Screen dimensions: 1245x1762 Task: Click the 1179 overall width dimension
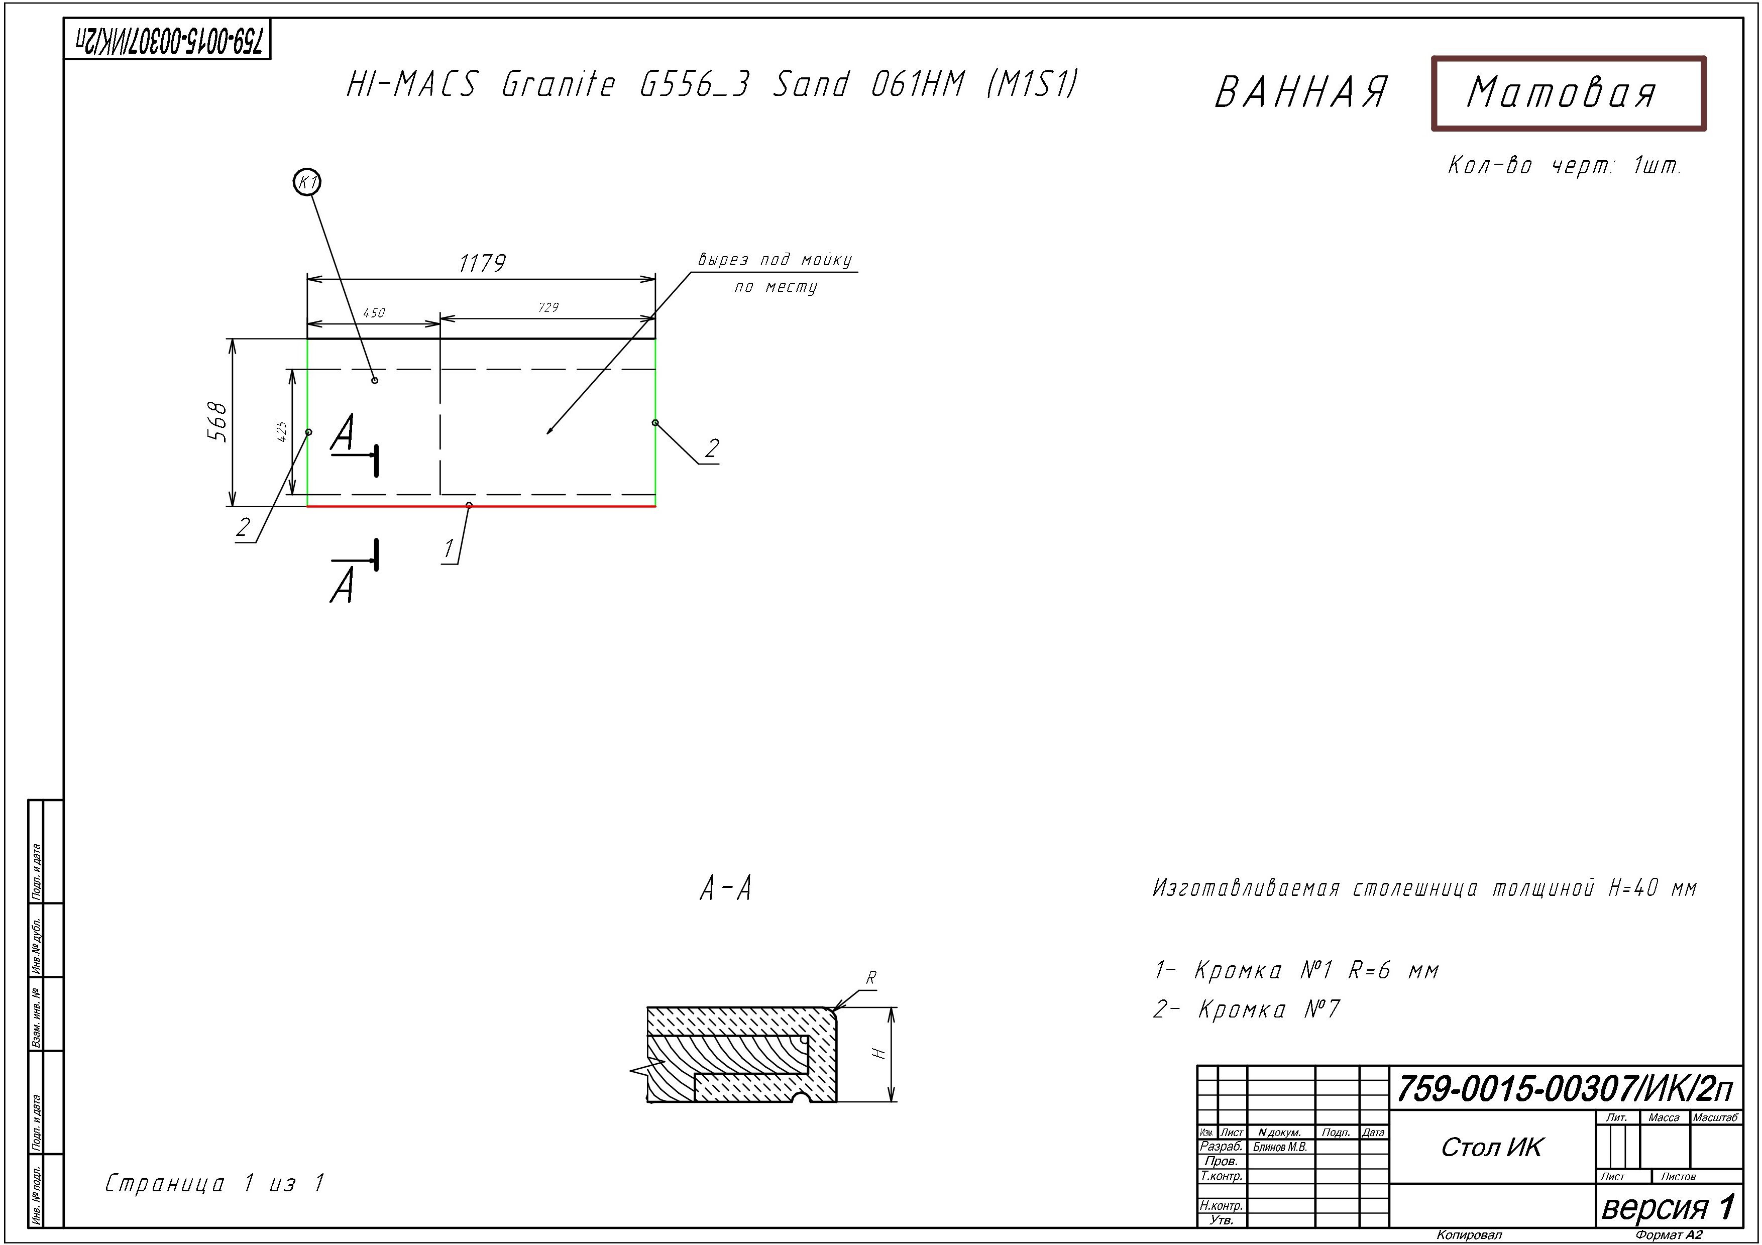click(x=482, y=264)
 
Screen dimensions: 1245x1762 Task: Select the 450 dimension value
click(x=374, y=313)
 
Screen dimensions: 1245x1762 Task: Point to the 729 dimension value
click(x=548, y=307)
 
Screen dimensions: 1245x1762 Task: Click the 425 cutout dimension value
click(x=282, y=431)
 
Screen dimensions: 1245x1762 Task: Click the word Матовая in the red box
click(x=1561, y=93)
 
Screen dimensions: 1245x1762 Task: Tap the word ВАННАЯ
click(x=1301, y=93)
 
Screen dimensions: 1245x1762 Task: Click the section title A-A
click(x=726, y=889)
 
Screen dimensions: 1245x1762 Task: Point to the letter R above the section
click(x=871, y=978)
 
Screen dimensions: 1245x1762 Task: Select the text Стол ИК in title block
click(x=1491, y=1148)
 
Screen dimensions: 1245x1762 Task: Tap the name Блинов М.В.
click(x=1280, y=1148)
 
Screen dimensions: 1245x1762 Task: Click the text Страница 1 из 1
click(x=215, y=1184)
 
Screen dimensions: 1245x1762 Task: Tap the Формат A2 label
click(x=1669, y=1235)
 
